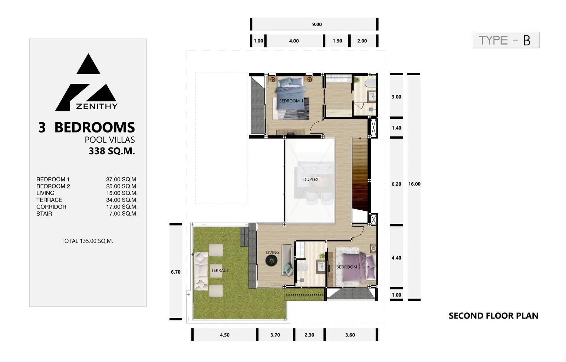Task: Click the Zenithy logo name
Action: [x=97, y=106]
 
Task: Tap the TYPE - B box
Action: [x=505, y=40]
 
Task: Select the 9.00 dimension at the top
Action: [x=317, y=24]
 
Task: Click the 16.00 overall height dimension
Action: [x=415, y=184]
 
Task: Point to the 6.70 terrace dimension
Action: [x=176, y=272]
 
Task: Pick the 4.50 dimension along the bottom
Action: [x=225, y=335]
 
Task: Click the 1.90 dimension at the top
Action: [x=337, y=41]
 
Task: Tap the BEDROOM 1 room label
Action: [x=291, y=101]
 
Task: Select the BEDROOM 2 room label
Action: [x=348, y=267]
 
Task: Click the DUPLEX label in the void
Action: [x=311, y=180]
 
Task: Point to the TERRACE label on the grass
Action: [x=220, y=271]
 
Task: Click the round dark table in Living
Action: [x=271, y=260]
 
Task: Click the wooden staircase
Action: [x=360, y=174]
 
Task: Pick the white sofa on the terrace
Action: [x=201, y=271]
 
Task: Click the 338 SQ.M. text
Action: [x=112, y=151]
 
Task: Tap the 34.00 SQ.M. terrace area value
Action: [x=122, y=200]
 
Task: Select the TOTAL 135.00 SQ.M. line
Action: [x=87, y=241]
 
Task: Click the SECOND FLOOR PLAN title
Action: [x=493, y=316]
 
